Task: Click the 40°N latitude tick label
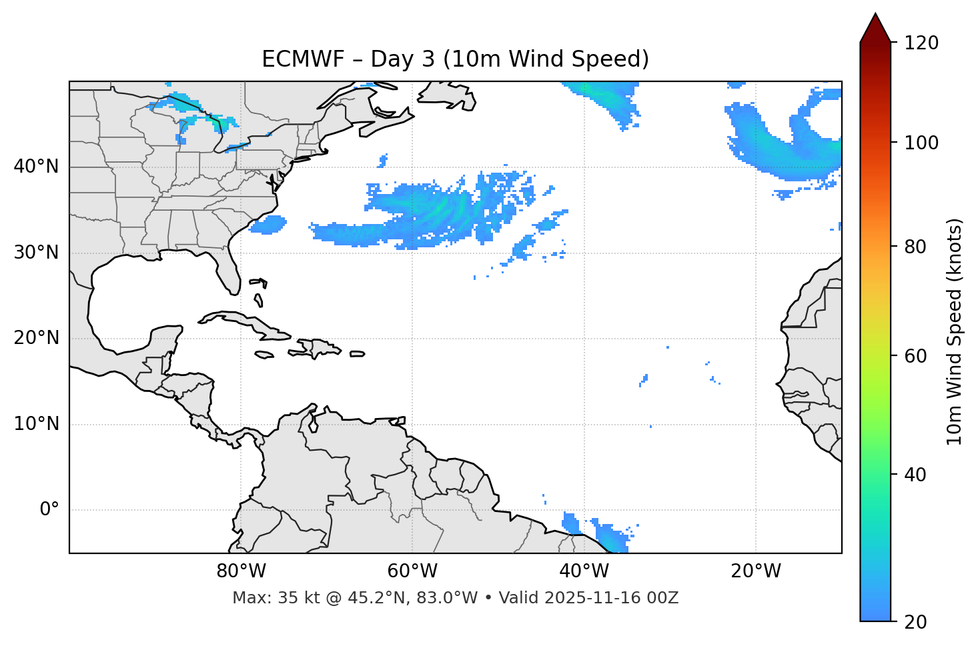point(36,167)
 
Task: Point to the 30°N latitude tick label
point(36,253)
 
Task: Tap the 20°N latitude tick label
point(36,338)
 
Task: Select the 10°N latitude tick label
point(36,424)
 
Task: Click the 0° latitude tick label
point(49,510)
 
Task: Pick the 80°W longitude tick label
point(241,571)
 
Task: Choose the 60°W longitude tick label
point(412,571)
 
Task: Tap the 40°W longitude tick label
point(584,571)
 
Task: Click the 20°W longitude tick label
point(755,571)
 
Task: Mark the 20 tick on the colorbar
point(915,622)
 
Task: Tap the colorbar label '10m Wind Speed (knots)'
point(955,331)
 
